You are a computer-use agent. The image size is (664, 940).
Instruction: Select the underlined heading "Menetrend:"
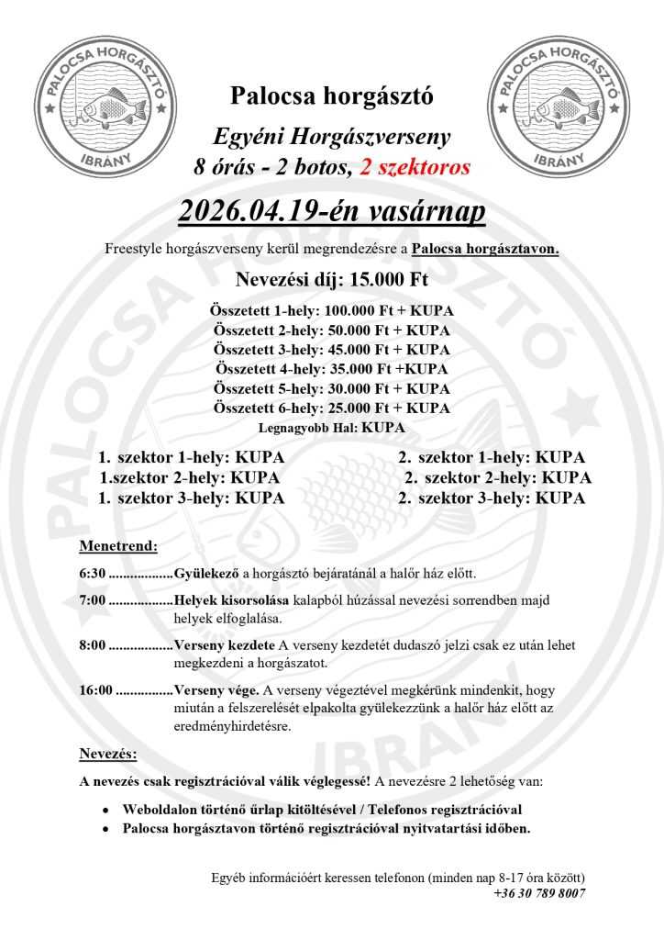[118, 546]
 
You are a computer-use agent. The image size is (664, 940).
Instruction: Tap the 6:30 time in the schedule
[92, 574]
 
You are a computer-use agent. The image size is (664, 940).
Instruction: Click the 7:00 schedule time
[92, 600]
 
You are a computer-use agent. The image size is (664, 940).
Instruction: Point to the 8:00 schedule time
[92, 645]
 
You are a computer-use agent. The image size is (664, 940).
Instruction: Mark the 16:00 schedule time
[95, 690]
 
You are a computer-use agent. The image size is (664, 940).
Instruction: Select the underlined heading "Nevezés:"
[108, 755]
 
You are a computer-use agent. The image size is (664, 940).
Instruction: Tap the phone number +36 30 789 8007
[538, 892]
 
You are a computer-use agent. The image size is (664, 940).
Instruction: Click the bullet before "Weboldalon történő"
[105, 811]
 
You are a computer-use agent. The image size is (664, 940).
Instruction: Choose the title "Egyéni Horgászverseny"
[332, 138]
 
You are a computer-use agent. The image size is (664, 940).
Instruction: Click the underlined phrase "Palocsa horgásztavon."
[485, 249]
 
